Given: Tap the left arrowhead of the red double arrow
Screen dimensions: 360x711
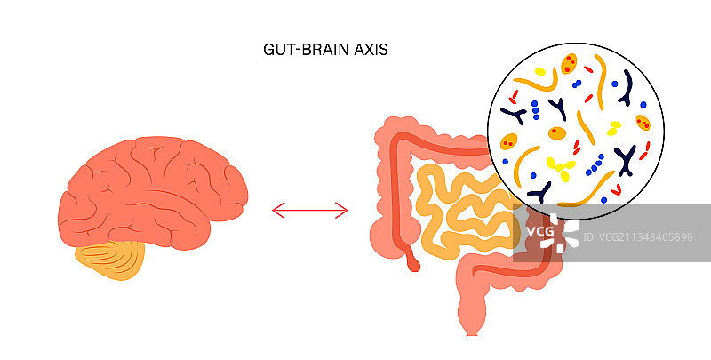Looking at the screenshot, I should (x=276, y=210).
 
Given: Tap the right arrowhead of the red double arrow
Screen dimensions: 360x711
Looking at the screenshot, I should (x=344, y=210).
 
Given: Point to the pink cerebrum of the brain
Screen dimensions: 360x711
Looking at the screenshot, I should (x=151, y=191).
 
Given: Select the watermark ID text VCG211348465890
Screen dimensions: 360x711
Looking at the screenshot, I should (x=643, y=236).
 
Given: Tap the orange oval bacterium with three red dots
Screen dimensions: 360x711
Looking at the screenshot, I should (x=567, y=64).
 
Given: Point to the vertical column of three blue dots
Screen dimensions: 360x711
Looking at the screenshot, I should (x=535, y=109).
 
